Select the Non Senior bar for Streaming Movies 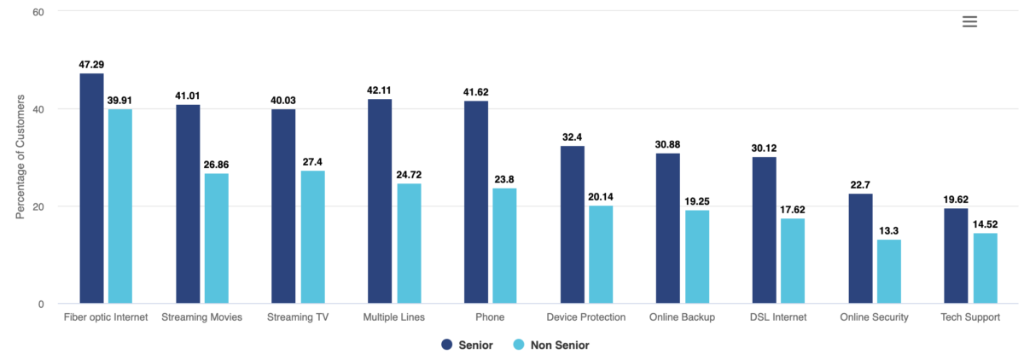click(216, 238)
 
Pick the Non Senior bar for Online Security click(889, 270)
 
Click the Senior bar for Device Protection click(573, 224)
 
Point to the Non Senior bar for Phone click(504, 246)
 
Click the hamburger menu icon click(969, 22)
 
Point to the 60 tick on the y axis click(39, 12)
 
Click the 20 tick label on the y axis click(39, 206)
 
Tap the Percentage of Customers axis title click(20, 158)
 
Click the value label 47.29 click(91, 65)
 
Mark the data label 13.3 click(889, 231)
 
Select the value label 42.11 click(380, 90)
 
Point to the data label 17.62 click(793, 210)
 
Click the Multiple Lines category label click(393, 317)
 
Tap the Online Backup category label click(682, 317)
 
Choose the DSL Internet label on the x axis click(778, 317)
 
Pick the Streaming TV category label click(298, 317)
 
